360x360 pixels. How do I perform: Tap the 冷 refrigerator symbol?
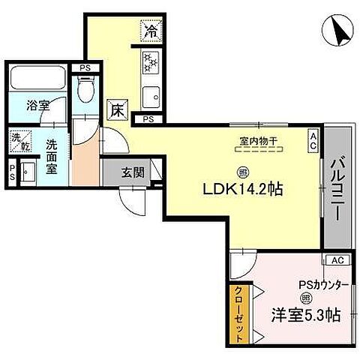[151, 31]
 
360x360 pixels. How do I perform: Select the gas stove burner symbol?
[148, 62]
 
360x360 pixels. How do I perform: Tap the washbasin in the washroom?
[28, 172]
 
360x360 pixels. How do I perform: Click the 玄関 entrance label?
[133, 171]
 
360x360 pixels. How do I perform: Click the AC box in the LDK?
[313, 139]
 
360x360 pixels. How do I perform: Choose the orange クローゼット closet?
[235, 314]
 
